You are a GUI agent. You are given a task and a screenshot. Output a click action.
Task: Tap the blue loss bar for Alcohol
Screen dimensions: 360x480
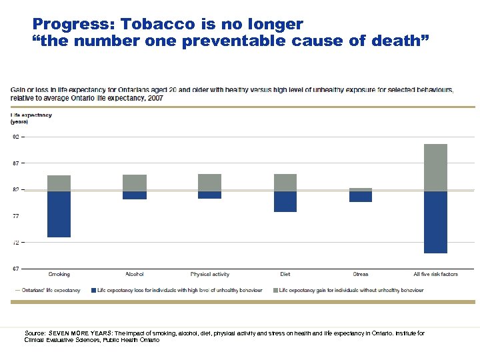[134, 195]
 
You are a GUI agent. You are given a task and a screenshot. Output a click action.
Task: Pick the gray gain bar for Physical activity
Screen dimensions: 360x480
[209, 183]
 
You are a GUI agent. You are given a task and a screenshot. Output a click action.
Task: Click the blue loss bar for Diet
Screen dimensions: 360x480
[285, 202]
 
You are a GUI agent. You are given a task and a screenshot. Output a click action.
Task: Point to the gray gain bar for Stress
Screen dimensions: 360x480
[361, 189]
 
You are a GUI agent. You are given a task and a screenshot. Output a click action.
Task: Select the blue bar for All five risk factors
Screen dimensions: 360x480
[435, 222]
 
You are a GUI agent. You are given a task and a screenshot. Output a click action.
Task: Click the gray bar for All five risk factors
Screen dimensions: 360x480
[435, 167]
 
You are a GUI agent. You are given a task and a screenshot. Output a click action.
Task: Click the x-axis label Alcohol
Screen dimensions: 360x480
[134, 274]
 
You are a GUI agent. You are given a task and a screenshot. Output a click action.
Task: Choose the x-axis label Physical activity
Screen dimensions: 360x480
[209, 274]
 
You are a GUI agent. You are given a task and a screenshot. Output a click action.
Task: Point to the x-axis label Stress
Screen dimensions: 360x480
[361, 274]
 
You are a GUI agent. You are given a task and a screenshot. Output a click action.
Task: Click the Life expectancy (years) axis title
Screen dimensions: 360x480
[31, 119]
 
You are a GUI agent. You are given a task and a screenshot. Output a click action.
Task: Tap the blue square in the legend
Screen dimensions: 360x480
[93, 290]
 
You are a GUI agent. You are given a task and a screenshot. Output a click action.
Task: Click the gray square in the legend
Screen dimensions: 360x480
[275, 290]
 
